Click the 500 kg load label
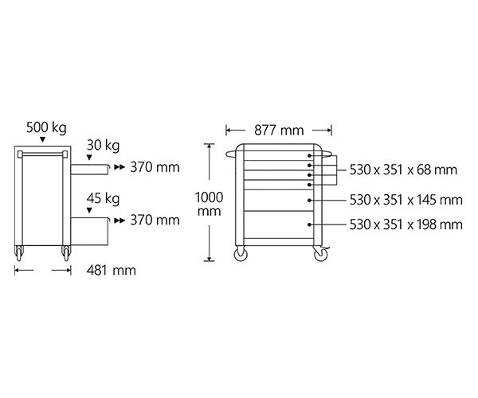pos(46,127)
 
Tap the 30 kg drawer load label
pos(103,146)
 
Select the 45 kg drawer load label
pos(103,198)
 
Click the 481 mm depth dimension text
pos(112,271)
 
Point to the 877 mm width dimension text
pos(279,131)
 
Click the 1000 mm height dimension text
pos(209,204)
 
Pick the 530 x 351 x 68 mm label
pos(403,170)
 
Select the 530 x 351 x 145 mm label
pos(406,200)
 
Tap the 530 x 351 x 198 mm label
pos(406,224)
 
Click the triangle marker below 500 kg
pos(43,139)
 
